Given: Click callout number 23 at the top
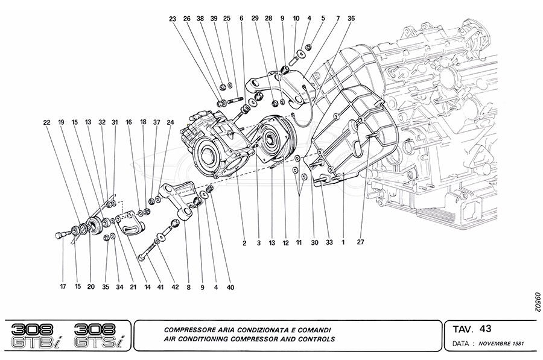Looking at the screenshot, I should (173, 19).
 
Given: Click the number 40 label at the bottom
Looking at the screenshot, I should (230, 288).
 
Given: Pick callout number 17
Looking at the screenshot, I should (63, 287).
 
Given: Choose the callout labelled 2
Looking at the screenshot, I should (244, 244).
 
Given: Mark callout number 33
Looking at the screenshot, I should (329, 244).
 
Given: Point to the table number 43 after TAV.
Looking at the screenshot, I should (485, 329).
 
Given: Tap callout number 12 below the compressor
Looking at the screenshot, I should (286, 244).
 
